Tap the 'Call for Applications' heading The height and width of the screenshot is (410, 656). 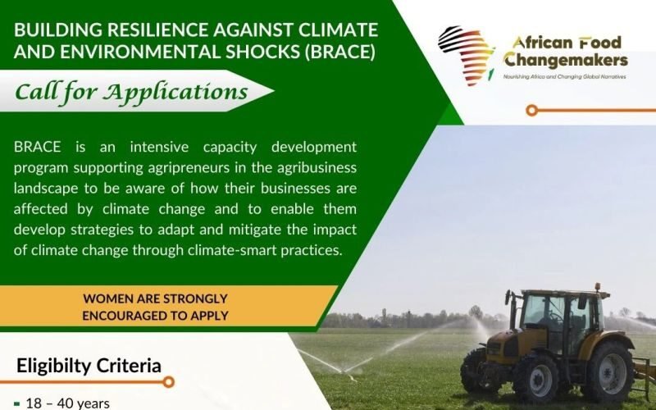tap(131, 91)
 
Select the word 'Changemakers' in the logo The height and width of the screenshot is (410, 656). tap(566, 60)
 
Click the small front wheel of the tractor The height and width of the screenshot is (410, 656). tap(482, 372)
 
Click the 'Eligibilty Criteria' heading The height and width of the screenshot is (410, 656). tap(89, 366)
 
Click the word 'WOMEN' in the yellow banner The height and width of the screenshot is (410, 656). tap(108, 299)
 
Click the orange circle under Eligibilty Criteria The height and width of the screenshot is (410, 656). tap(168, 382)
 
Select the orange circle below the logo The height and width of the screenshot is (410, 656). tap(532, 109)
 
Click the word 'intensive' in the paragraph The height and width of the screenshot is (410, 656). tap(108, 147)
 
